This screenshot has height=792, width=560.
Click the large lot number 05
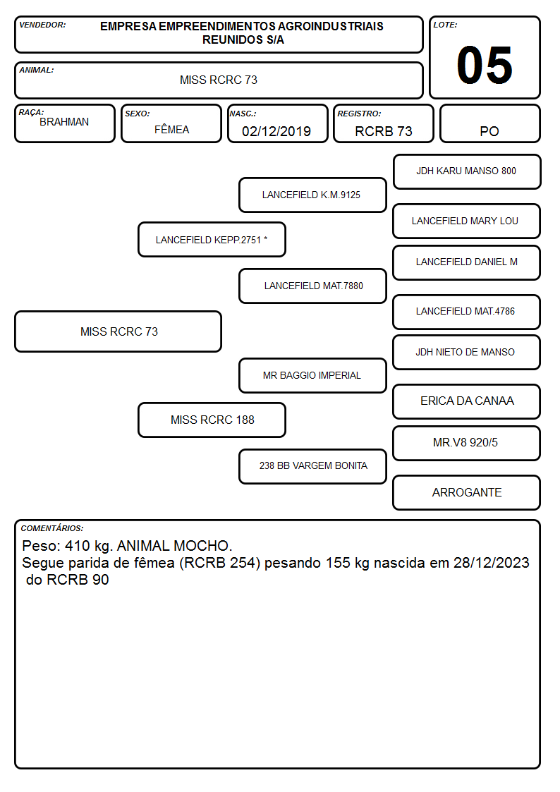point(485,65)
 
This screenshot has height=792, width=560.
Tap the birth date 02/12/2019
point(276,131)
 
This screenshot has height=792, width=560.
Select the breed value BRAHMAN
point(64,122)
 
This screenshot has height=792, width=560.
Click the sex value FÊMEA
point(171,129)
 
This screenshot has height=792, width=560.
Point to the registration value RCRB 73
point(384,131)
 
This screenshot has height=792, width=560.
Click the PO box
point(489,123)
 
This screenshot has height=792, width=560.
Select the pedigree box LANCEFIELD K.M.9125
point(312,195)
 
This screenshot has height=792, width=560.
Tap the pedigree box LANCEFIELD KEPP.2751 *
point(212,239)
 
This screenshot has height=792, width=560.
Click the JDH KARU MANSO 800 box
point(467,172)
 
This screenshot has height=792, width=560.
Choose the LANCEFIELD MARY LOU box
point(467,221)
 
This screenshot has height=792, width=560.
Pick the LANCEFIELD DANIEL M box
point(467,262)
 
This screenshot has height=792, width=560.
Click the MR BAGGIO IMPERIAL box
point(312,376)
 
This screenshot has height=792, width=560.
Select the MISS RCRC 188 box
point(212,420)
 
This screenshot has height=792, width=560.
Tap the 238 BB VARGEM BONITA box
point(312,466)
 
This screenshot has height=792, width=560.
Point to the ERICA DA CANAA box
point(467,401)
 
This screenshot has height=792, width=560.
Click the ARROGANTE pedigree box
point(467,492)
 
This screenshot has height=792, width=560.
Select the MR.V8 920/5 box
point(467,443)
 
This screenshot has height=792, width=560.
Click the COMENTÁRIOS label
point(52,528)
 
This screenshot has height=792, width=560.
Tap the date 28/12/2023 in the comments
point(492,563)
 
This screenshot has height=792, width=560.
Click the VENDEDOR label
point(42,25)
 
